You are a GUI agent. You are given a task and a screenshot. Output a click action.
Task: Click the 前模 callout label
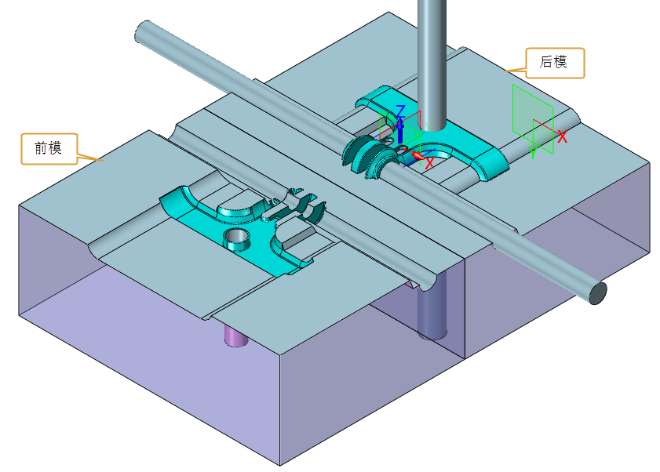point(49,148)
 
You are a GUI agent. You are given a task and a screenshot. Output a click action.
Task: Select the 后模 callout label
point(555,63)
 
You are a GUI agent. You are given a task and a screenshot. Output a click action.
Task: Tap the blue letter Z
point(400,111)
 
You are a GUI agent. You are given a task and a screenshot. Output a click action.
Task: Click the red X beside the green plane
point(563,136)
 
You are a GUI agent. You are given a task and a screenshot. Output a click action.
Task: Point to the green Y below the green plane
point(534,152)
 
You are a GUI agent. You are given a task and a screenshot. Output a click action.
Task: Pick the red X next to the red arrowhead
point(429,163)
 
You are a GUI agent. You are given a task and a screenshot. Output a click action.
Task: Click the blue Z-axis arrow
point(400,130)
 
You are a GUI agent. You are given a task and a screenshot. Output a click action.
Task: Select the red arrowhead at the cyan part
point(418,156)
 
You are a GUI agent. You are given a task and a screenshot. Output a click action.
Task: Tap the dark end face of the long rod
point(598,292)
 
